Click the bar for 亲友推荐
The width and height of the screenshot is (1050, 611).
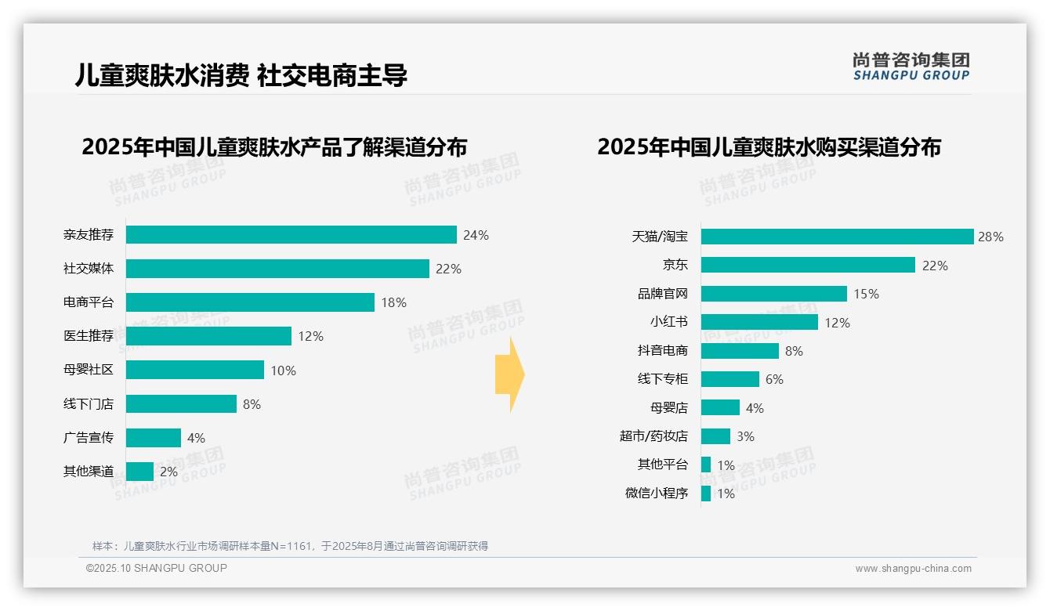(291, 235)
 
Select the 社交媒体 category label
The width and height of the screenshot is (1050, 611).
(89, 269)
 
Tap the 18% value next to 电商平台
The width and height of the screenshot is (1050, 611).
(393, 302)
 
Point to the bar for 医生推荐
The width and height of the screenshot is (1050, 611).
(208, 336)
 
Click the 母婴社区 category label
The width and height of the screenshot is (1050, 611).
(89, 370)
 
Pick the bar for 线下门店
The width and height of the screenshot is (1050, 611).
(181, 403)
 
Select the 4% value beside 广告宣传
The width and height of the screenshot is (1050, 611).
(196, 438)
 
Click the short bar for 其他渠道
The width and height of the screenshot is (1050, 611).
(139, 472)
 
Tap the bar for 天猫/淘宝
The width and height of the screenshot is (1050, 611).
(837, 237)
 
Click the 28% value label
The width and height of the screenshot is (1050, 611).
(990, 237)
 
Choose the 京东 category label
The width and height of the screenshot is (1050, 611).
(675, 265)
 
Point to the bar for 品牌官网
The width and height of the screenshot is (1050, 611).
(774, 294)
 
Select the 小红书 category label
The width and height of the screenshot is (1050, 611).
(669, 322)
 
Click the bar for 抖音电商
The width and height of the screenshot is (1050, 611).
(740, 351)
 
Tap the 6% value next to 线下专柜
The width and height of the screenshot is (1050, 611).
(774, 379)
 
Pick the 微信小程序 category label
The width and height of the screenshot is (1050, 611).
(657, 493)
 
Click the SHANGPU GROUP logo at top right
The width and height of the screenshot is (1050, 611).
(911, 67)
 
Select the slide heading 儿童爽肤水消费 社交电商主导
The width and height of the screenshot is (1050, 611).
(241, 75)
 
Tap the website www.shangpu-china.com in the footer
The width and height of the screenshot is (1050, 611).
(913, 569)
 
